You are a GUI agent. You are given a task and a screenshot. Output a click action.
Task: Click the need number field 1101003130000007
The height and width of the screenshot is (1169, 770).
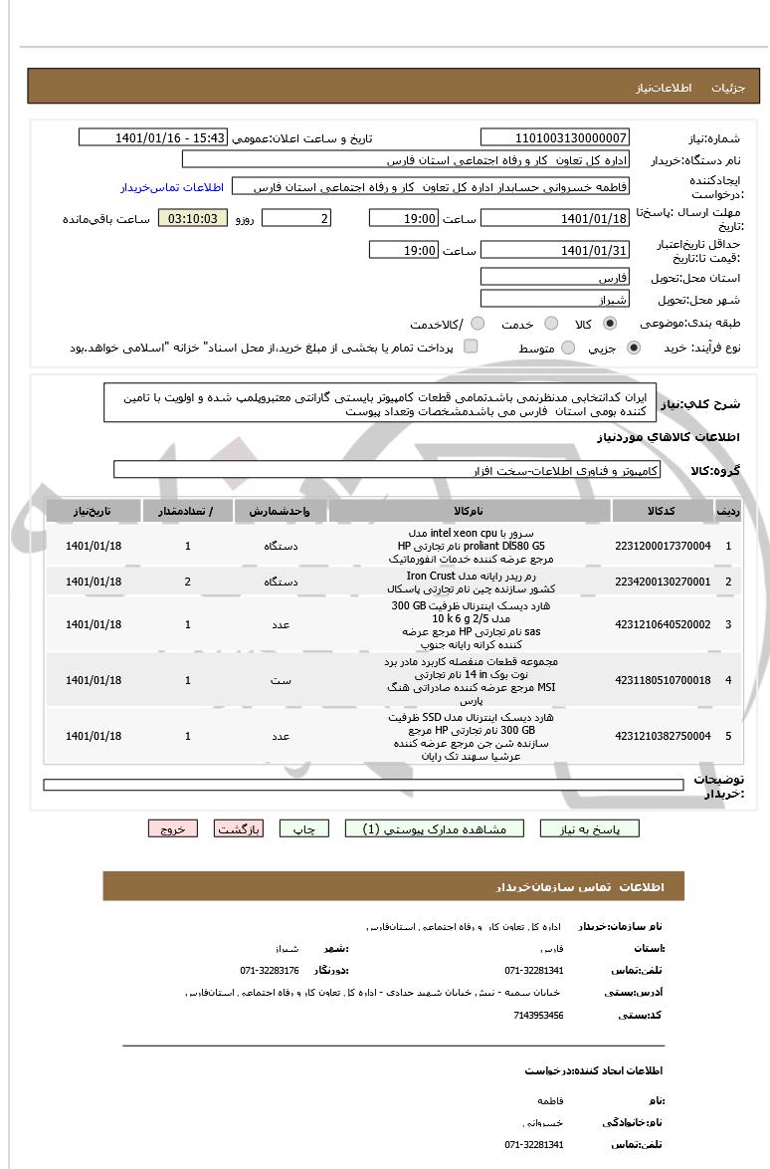coord(554,137)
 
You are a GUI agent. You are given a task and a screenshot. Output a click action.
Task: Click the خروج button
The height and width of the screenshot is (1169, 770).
coord(173,828)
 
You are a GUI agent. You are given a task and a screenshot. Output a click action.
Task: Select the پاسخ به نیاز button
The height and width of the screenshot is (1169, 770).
coord(589,828)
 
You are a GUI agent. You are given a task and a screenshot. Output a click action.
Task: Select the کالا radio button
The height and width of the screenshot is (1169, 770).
coord(610,324)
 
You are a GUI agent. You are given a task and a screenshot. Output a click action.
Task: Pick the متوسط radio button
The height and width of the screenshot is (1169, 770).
coord(569,349)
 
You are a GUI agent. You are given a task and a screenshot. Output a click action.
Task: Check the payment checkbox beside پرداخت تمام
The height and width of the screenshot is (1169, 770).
coord(471,347)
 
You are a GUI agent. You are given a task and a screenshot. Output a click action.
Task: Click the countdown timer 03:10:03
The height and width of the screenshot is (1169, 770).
coord(193,218)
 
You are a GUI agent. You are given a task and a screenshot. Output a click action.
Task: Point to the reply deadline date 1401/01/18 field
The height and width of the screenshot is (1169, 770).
coord(554,218)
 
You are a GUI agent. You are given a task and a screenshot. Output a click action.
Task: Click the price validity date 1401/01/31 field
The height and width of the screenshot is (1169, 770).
coord(554,250)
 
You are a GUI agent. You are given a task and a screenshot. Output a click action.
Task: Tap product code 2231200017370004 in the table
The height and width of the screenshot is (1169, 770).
coord(663,546)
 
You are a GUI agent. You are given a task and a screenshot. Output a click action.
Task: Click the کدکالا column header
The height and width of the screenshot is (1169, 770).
coord(663,511)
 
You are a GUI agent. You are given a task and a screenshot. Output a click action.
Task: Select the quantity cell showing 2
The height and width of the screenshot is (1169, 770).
coord(188,581)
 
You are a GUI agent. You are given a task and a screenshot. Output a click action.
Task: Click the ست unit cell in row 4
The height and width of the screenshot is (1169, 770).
coord(281,680)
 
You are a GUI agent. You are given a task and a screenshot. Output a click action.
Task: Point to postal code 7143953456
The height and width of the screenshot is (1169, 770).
coord(539,1016)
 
